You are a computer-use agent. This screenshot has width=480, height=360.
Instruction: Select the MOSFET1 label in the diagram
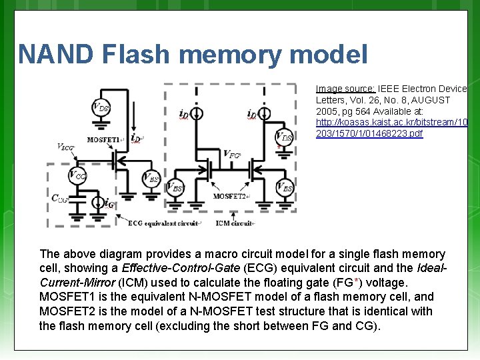pos(104,140)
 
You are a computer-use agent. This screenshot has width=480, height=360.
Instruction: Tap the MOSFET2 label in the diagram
pos(230,196)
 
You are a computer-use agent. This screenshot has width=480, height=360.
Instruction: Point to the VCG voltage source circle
pos(78,175)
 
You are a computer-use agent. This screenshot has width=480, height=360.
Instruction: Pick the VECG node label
pos(66,146)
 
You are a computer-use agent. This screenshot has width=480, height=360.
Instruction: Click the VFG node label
pos(232,154)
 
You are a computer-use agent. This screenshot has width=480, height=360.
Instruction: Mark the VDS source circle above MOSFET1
pos(101,107)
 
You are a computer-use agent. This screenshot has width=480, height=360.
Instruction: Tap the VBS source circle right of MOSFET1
pos(151,178)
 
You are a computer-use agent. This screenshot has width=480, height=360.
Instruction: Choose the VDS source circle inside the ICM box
pos(285,137)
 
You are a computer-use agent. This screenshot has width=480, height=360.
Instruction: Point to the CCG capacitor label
pos(60,198)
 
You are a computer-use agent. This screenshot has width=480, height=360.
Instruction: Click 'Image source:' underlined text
pos(345,89)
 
